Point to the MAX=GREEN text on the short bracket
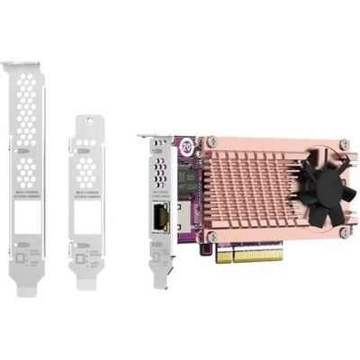(88, 195)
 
